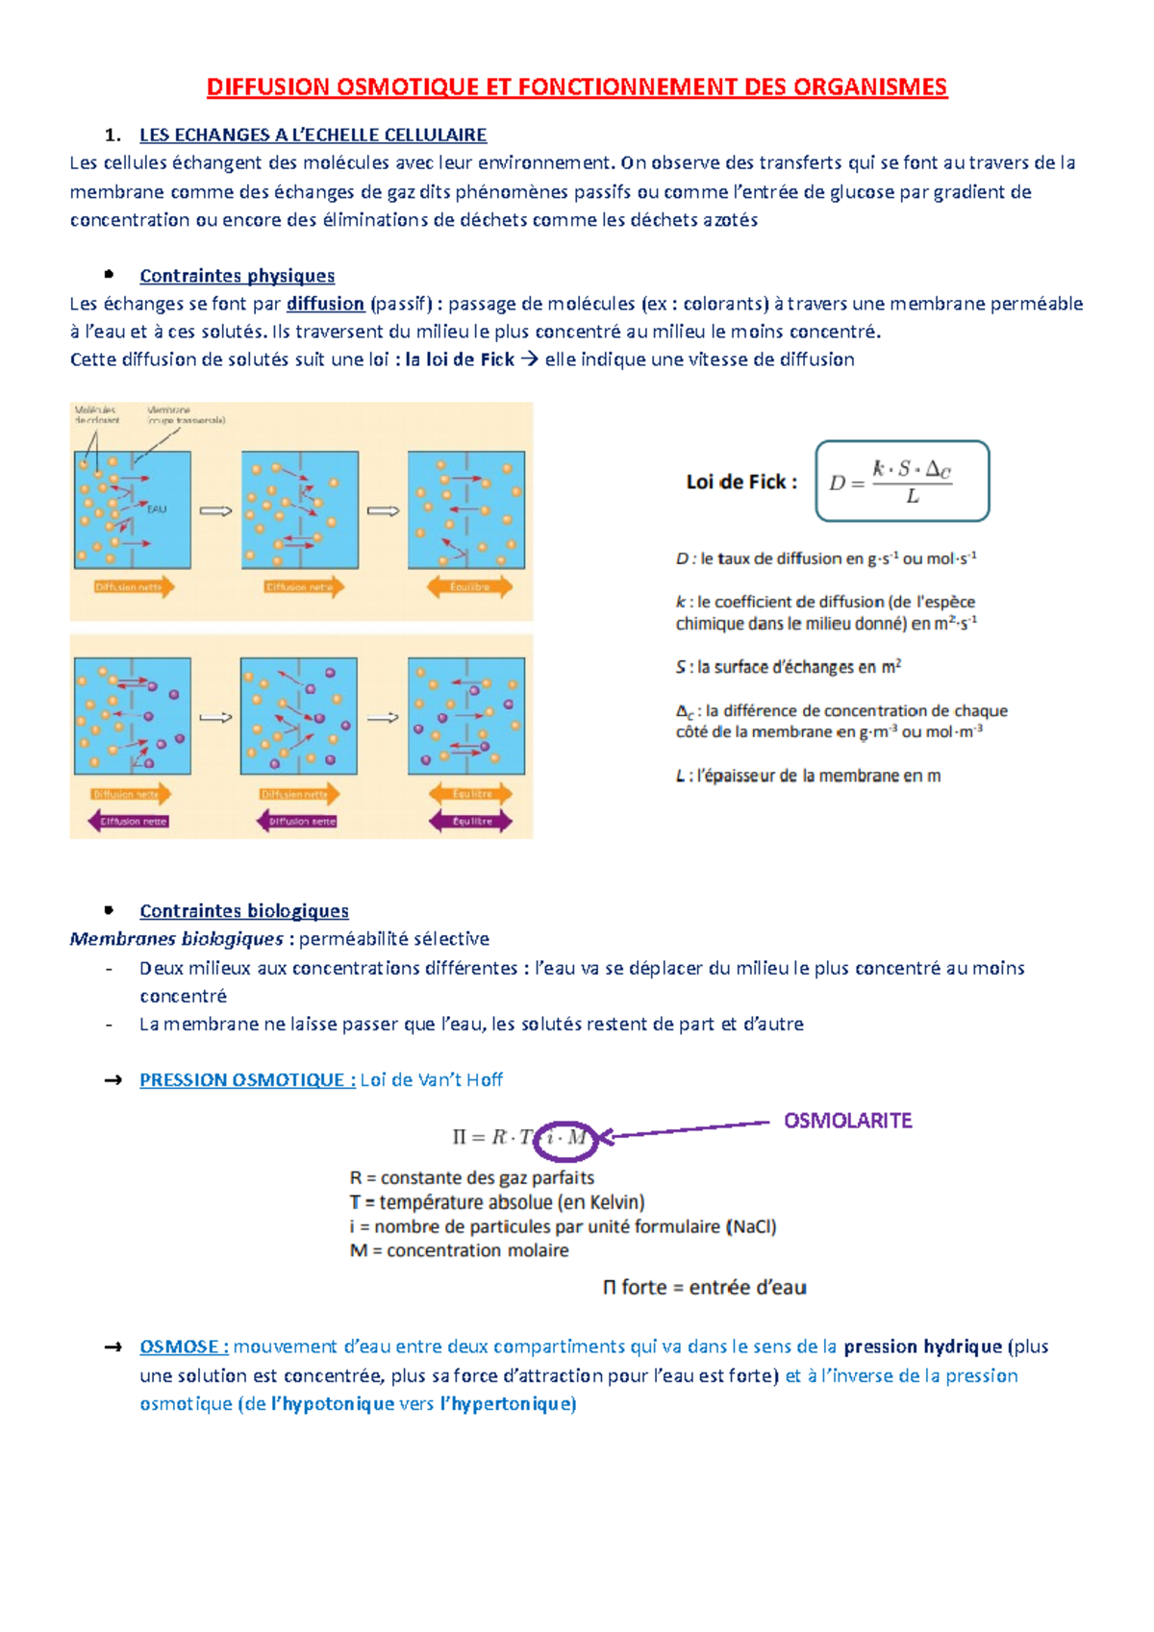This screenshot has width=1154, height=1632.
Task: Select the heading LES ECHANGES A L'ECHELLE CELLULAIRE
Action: click(x=313, y=135)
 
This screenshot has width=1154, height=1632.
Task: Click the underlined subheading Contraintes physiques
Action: click(x=237, y=276)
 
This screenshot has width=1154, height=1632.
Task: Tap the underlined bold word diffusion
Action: click(x=325, y=304)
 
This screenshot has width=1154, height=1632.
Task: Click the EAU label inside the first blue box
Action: click(x=157, y=509)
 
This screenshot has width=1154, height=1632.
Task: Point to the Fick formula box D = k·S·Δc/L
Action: click(x=901, y=482)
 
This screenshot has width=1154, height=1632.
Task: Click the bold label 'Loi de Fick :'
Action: click(x=740, y=482)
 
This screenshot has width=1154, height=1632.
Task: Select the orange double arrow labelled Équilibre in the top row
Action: click(x=469, y=586)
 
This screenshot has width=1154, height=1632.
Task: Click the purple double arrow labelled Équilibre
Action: click(x=470, y=821)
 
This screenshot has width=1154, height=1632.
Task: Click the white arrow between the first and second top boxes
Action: click(x=215, y=511)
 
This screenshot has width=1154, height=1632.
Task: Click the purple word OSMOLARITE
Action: click(x=847, y=1121)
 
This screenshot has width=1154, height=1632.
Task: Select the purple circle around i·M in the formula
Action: click(x=566, y=1139)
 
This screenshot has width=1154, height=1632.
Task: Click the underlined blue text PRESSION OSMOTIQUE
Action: click(x=247, y=1080)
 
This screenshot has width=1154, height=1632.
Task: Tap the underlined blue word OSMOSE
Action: click(x=184, y=1347)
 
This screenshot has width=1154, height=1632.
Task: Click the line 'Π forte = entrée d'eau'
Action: click(x=704, y=1287)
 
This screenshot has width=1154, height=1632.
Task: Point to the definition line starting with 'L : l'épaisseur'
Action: click(x=807, y=776)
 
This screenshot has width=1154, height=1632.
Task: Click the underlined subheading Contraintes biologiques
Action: click(x=243, y=911)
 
